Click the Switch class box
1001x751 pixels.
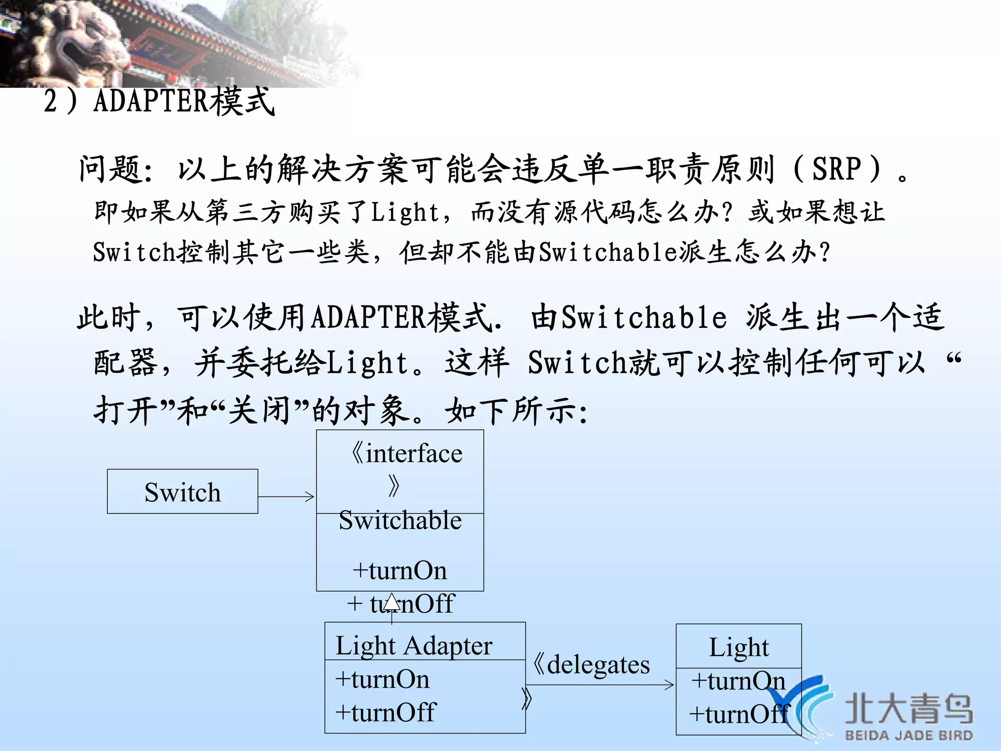pos(182,492)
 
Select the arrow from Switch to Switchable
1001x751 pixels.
pos(286,496)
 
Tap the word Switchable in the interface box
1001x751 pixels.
pos(400,520)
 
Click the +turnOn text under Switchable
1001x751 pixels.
pos(400,571)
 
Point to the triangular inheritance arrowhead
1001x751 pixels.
pos(392,602)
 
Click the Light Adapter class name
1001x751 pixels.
pos(413,645)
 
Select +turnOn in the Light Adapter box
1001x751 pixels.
pos(382,680)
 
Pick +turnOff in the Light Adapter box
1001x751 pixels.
pos(385,712)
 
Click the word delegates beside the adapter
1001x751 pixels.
pos(598,665)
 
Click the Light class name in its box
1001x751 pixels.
pos(739,647)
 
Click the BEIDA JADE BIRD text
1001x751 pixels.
pos(909,735)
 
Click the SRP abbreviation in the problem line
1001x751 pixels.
pos(836,169)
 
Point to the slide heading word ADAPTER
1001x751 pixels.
pos(151,101)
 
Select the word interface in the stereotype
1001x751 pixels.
pos(413,453)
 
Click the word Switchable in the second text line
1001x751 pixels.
pos(608,253)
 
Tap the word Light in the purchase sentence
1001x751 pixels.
pos(405,213)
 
